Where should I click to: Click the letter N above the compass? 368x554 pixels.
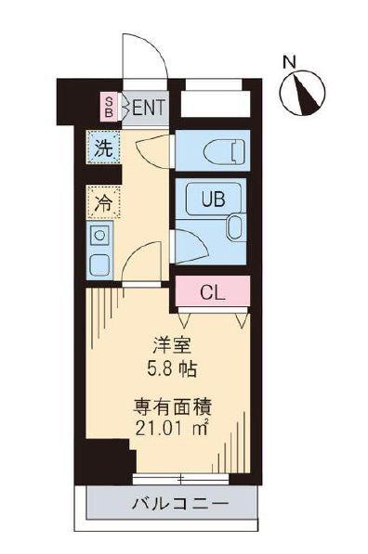pyautogui.click(x=290, y=63)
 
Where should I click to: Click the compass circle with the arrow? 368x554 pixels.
pyautogui.click(x=303, y=94)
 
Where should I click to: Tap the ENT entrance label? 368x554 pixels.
pyautogui.click(x=148, y=107)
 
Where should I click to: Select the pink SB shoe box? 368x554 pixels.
pyautogui.click(x=109, y=107)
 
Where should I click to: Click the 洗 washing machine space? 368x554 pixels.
pyautogui.click(x=104, y=147)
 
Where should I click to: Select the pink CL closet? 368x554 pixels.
pyautogui.click(x=212, y=292)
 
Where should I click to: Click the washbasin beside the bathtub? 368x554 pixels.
pyautogui.click(x=234, y=227)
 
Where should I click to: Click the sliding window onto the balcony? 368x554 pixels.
pyautogui.click(x=179, y=479)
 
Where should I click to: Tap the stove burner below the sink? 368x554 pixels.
pyautogui.click(x=99, y=265)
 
